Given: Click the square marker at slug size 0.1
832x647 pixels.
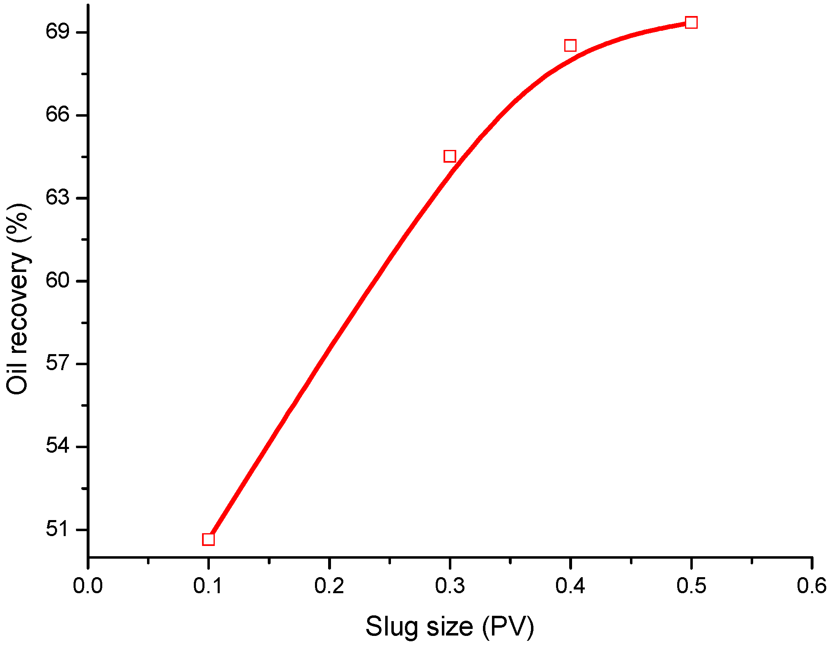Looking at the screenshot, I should (x=208, y=539).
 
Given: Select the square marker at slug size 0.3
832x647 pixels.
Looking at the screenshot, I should (x=450, y=156).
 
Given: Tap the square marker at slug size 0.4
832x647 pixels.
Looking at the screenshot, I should (x=570, y=45).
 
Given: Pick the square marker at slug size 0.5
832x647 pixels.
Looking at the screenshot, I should (x=691, y=23).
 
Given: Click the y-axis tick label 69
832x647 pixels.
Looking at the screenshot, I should (x=57, y=32).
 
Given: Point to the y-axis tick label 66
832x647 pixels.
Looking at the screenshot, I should (x=57, y=115).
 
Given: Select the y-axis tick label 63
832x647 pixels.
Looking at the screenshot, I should (x=57, y=198).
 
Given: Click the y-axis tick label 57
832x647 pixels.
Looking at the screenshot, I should (x=57, y=364).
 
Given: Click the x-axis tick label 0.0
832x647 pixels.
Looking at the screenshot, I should (x=88, y=586).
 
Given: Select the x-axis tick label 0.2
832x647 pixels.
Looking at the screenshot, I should (x=329, y=586).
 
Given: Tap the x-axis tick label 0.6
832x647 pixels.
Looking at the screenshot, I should (x=811, y=586).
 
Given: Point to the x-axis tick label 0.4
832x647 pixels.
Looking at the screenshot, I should (x=570, y=586).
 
